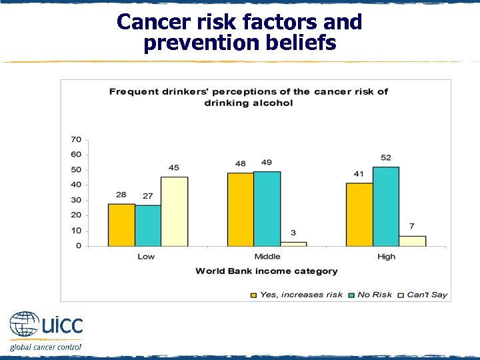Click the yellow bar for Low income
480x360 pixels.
(x=121, y=225)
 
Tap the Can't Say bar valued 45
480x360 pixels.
(x=174, y=211)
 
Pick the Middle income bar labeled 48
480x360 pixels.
(x=240, y=209)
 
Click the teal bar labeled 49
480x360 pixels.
(x=267, y=209)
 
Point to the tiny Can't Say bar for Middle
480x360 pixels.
(x=293, y=243)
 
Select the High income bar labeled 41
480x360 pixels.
(x=359, y=215)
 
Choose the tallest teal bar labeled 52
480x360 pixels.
(x=386, y=206)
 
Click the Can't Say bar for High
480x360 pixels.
(x=412, y=241)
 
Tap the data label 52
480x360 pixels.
(x=386, y=157)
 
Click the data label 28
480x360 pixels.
(x=121, y=195)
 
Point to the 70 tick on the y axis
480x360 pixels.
(x=76, y=139)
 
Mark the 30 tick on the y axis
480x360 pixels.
(x=76, y=200)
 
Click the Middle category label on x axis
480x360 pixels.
(x=267, y=257)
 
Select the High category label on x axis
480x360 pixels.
(x=386, y=257)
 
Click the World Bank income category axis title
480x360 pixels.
(x=266, y=271)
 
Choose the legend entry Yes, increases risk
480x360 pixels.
(x=297, y=295)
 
